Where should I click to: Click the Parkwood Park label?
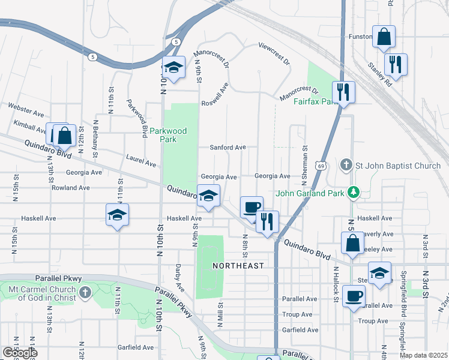168,135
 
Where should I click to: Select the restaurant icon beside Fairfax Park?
343,92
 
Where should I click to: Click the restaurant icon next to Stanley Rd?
395,64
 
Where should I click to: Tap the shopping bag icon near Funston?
383,37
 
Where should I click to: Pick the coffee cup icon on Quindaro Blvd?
252,207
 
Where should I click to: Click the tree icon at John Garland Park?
355,193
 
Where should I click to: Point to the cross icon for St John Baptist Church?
346,164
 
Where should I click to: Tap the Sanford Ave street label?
228,147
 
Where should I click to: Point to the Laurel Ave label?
141,160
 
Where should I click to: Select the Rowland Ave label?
70,188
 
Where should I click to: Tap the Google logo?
19,352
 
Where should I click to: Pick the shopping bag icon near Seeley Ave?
352,243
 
